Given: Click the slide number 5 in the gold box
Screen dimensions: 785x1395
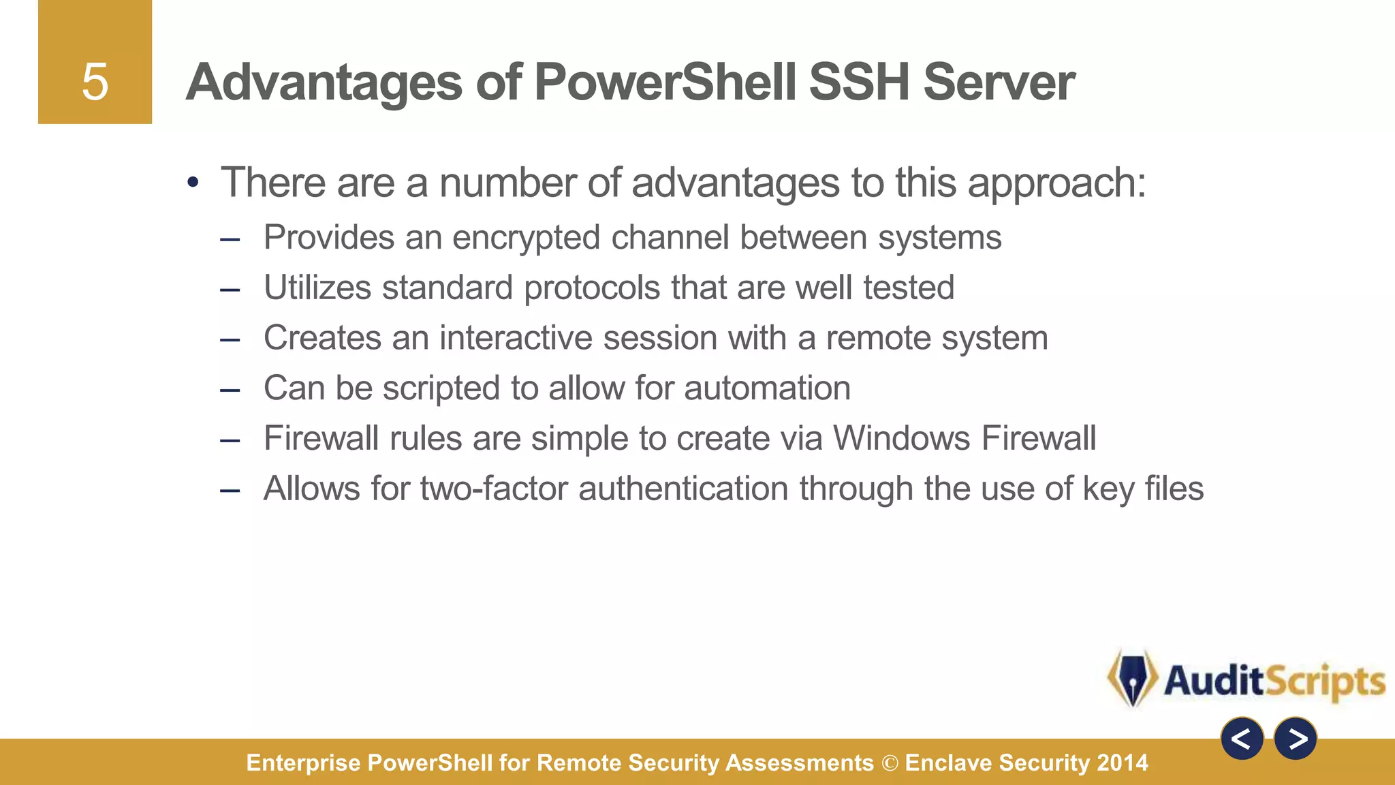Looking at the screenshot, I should tap(95, 82).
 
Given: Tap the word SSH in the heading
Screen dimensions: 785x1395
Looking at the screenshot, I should tap(859, 82).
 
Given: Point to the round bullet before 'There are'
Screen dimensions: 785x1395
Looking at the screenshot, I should tap(193, 183).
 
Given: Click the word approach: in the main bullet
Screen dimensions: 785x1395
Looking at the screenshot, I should tap(1056, 184).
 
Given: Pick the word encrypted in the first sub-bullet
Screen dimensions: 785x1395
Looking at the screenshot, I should tap(526, 238).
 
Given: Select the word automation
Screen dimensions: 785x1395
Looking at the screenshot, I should tap(767, 388).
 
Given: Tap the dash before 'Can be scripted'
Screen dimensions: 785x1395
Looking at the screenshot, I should tap(230, 390).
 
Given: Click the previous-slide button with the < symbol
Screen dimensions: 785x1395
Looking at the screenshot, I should tap(1242, 739).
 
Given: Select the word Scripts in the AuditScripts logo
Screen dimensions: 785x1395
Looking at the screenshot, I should tap(1326, 681).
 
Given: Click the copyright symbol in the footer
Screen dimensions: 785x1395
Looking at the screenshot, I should tap(890, 763).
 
